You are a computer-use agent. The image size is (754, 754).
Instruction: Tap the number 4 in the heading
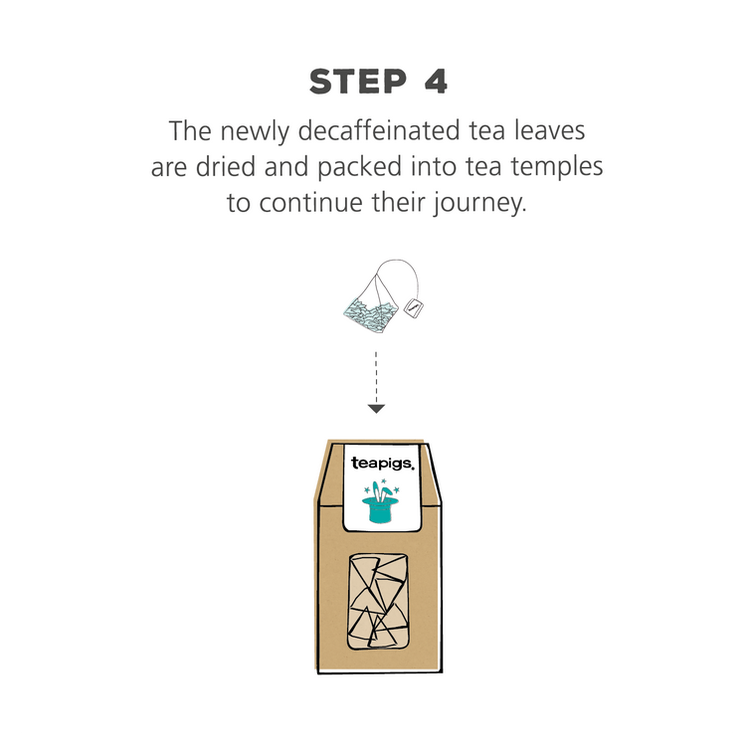point(436,83)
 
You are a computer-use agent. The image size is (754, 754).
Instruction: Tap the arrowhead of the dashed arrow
point(376,408)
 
